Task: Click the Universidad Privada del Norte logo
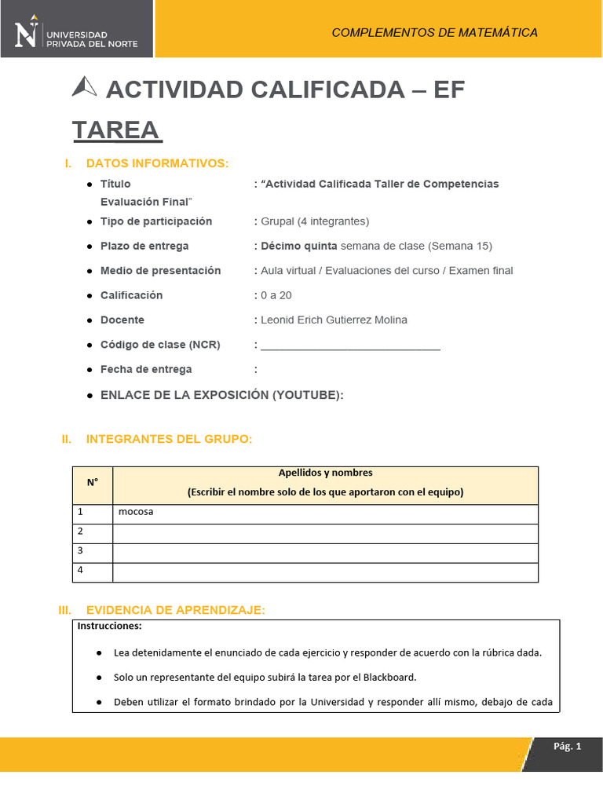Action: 76,31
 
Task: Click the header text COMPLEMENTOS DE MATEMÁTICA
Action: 434,32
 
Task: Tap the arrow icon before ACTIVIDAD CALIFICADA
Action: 84,88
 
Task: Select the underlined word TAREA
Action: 116,130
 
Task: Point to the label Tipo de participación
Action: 156,221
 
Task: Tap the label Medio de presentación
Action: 160,271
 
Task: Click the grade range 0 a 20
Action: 277,295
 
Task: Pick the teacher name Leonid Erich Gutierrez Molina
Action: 334,320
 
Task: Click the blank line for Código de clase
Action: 350,345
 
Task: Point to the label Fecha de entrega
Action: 146,369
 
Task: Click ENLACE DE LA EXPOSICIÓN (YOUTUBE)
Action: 221,395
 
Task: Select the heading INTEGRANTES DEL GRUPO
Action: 169,439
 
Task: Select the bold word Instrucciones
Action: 109,627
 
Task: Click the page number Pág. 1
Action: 567,747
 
